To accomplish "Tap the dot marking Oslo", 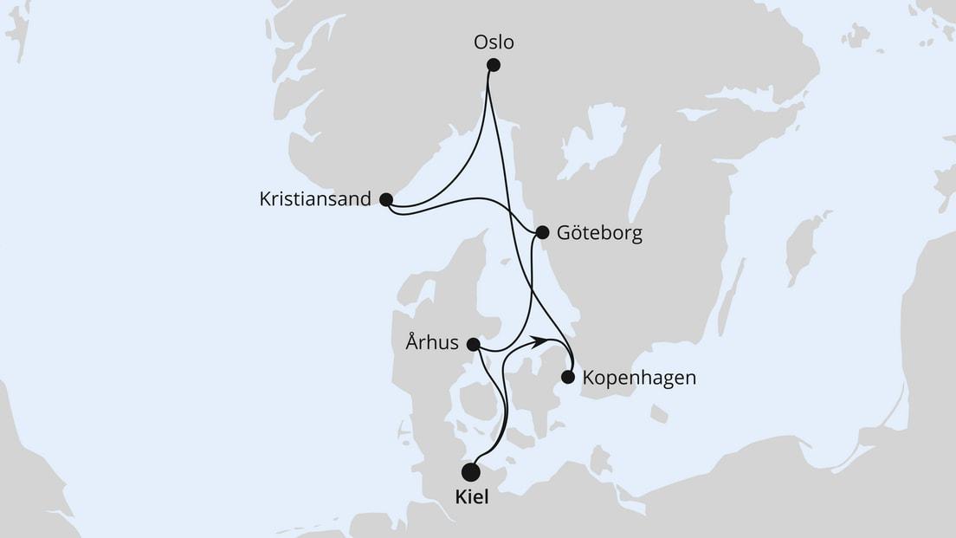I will click(x=494, y=65).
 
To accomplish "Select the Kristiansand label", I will click(x=315, y=199).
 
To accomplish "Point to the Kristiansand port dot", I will click(x=386, y=200).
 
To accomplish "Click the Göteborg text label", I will click(x=600, y=234).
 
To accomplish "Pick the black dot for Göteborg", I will click(x=542, y=232).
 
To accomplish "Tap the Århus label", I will click(x=431, y=343).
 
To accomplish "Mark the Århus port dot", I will click(x=474, y=345).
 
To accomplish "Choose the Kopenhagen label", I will click(x=639, y=379).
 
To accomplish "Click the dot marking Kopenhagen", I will click(x=568, y=377).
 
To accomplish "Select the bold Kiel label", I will click(x=470, y=499).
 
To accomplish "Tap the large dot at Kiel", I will click(x=470, y=472).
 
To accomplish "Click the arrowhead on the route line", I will click(x=539, y=340).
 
